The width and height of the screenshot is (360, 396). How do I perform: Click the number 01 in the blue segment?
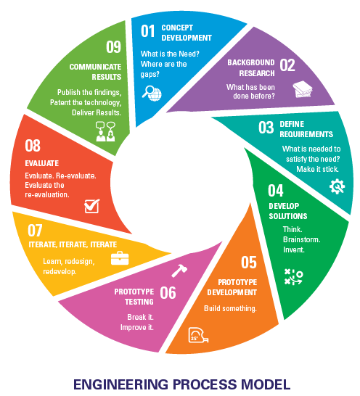click(147, 31)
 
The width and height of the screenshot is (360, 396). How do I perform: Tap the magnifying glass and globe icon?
click(152, 93)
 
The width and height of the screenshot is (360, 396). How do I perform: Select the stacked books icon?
click(303, 89)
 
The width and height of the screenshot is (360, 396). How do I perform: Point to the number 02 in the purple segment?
click(287, 65)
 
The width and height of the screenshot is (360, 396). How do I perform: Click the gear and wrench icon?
click(337, 186)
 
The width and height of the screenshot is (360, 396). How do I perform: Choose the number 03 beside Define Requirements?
click(266, 128)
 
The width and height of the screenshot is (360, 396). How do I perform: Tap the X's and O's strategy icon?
click(293, 277)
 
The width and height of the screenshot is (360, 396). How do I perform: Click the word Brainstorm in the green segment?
click(302, 239)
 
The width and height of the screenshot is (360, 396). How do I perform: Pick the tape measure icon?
click(198, 335)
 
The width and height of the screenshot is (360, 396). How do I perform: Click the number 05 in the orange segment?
click(249, 262)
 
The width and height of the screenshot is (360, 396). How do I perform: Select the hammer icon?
click(179, 271)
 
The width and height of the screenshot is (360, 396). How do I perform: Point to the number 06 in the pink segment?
click(168, 293)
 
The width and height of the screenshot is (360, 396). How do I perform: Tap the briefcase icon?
click(120, 258)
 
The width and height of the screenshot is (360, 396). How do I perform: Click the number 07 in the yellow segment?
click(35, 231)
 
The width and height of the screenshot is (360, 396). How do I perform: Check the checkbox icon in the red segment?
click(91, 206)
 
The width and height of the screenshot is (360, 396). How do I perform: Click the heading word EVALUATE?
click(41, 163)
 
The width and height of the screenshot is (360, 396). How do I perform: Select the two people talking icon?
click(105, 131)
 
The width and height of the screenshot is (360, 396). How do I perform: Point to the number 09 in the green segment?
click(113, 46)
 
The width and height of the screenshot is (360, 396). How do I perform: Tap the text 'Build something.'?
click(230, 309)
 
